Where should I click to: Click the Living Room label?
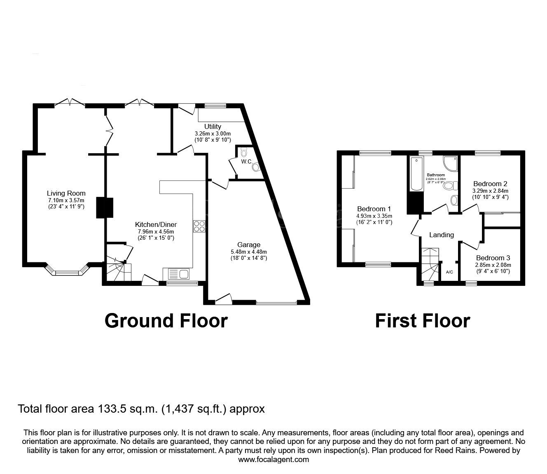tap(66, 193)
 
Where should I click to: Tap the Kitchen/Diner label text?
tap(156, 224)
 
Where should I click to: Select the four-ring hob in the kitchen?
tap(199, 227)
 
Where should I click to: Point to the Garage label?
tap(249, 245)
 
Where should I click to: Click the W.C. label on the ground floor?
tap(247, 162)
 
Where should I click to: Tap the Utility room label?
tap(213, 126)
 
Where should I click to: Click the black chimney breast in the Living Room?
tap(105, 208)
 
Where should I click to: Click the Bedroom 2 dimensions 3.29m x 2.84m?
tap(490, 191)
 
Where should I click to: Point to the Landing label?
tap(442, 235)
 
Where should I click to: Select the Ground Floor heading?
tap(166, 320)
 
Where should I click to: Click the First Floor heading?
tap(422, 320)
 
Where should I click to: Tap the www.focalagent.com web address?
tap(273, 460)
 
